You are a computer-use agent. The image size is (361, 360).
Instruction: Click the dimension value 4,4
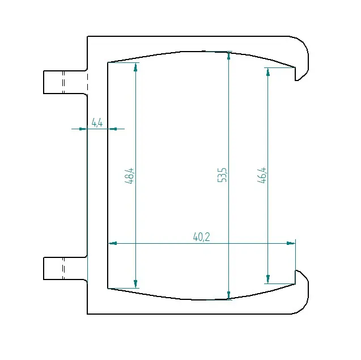point(97,122)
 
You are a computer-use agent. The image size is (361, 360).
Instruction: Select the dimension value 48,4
point(129,176)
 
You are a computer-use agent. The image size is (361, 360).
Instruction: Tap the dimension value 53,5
point(222,175)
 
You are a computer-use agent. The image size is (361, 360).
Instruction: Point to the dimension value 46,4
point(262,175)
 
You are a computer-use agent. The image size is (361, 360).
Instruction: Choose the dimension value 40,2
point(201,237)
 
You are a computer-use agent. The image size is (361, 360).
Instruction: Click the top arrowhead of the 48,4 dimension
point(135,67)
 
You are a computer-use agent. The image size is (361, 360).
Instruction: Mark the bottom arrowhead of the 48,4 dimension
point(135,284)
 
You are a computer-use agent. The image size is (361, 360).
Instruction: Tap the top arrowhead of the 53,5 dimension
point(228,56)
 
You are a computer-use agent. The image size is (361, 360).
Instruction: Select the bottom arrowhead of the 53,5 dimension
point(228,295)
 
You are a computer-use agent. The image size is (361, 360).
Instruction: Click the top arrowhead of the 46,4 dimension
point(267,72)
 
